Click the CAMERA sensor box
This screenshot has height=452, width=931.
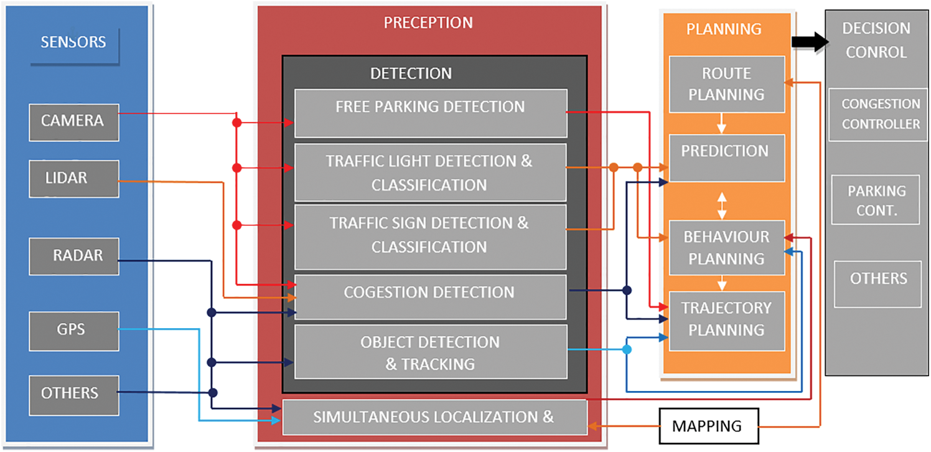[73, 122]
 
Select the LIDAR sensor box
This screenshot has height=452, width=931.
[73, 179]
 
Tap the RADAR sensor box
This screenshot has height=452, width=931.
[73, 256]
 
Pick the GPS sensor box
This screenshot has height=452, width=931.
[73, 330]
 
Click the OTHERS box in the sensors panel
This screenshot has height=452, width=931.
[73, 395]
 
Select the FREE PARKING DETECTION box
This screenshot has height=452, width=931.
[430, 113]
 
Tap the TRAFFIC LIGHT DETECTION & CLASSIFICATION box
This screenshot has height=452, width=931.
[430, 172]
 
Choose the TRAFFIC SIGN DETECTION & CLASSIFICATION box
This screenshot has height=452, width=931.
[430, 236]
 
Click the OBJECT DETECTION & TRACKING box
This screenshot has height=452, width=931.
[430, 352]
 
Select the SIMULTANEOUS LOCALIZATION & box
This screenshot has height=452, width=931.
[434, 417]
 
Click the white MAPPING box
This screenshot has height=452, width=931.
[709, 426]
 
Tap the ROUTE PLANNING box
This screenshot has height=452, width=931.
[726, 84]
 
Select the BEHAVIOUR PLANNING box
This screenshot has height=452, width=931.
[726, 247]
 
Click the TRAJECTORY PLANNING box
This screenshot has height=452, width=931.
[726, 319]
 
